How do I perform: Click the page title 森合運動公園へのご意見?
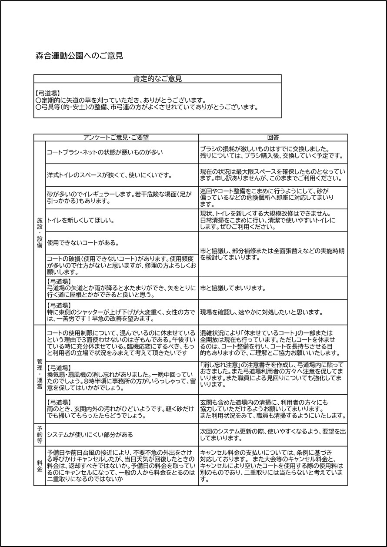pos(80,56)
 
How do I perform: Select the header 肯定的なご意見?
pos(157,79)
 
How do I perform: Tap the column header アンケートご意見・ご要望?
pos(116,138)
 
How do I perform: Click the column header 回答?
pos(273,138)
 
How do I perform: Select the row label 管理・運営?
pos(40,373)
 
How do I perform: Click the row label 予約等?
pos(40,434)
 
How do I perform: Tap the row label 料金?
pos(40,466)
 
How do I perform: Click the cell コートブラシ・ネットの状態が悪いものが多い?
pos(104,152)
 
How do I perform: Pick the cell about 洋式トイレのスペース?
pos(110,175)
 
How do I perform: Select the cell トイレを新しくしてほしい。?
pos(80,220)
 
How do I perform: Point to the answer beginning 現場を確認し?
pos(261,312)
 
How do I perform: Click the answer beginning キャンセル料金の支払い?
pos(272,466)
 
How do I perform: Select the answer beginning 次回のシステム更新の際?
pos(273,434)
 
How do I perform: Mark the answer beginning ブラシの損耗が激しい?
pos(272,152)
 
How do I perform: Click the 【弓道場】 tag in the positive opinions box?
pos(47,93)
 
